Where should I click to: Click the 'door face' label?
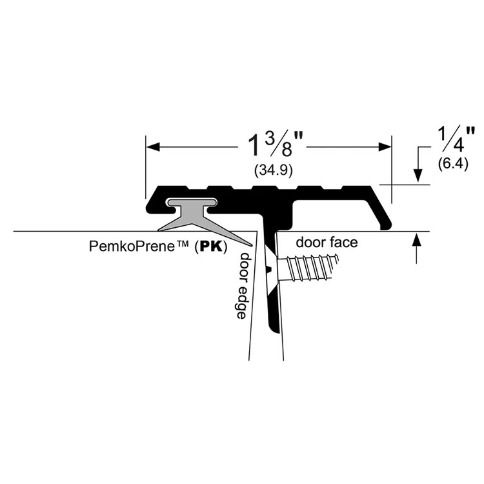(x=327, y=243)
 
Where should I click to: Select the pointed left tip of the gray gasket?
(x=157, y=230)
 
